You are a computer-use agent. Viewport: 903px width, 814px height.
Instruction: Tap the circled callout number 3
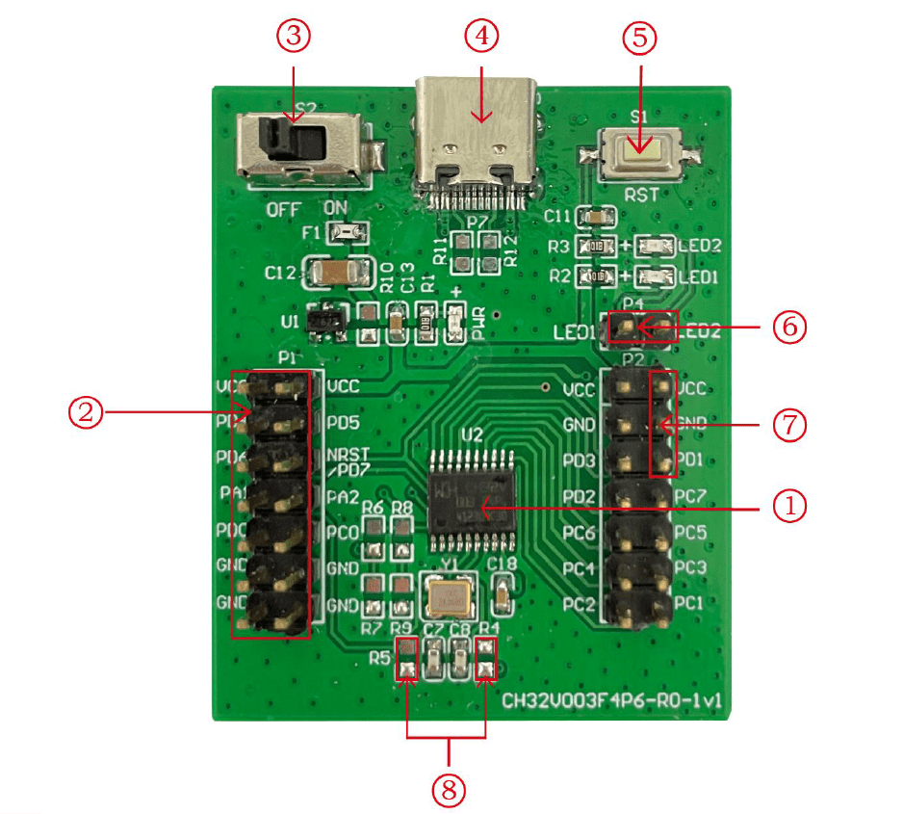click(294, 37)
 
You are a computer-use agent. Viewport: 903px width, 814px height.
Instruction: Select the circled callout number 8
click(448, 790)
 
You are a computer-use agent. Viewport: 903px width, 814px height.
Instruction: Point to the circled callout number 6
click(789, 327)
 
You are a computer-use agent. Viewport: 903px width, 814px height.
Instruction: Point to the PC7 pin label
click(690, 497)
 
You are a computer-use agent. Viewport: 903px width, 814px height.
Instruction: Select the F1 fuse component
click(346, 232)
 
